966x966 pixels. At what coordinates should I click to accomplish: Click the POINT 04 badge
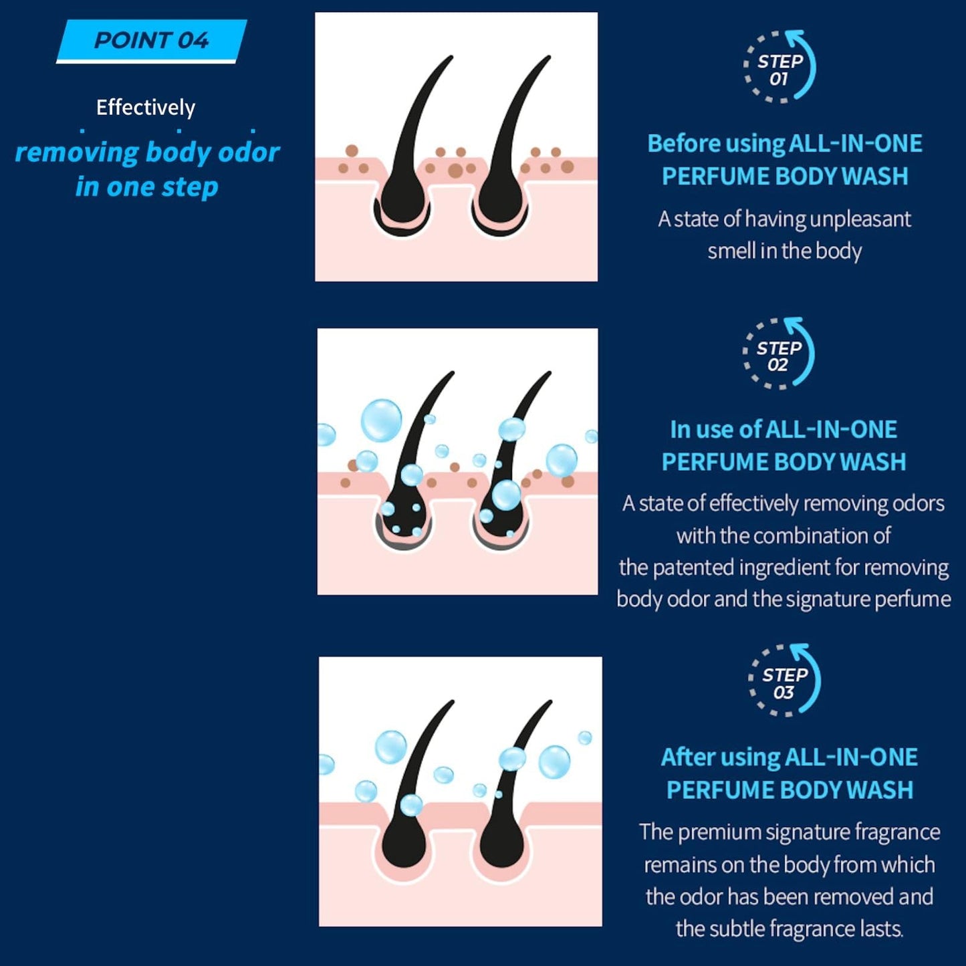coord(151,41)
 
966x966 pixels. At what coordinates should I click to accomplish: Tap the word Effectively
coord(146,107)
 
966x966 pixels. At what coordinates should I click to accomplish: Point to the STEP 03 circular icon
coord(785,681)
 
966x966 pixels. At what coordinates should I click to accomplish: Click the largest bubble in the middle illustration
coord(382,420)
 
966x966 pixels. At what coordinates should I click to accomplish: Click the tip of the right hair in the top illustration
coord(550,57)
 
